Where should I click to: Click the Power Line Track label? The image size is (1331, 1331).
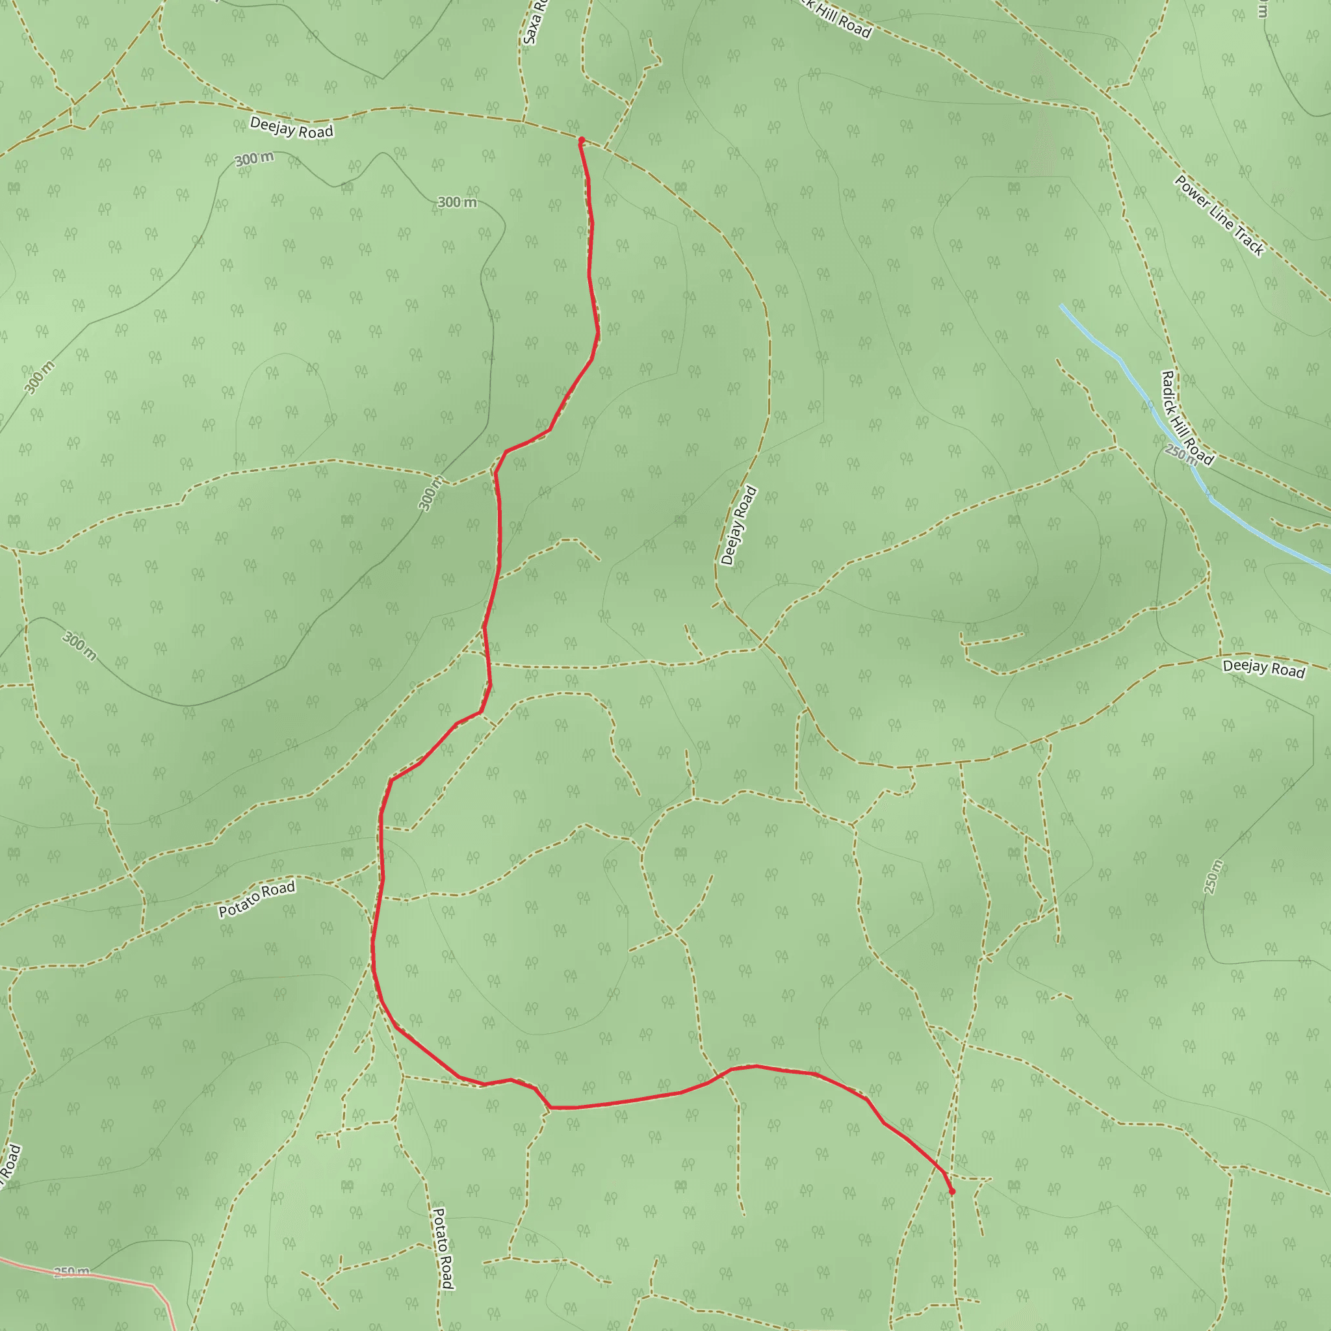pos(1219,216)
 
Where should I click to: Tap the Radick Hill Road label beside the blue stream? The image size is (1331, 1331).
pos(1186,417)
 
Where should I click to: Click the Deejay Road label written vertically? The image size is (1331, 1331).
pos(738,526)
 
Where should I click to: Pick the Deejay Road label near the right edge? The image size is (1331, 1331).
pos(1263,668)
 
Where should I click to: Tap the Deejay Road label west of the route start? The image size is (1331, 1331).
pos(291,127)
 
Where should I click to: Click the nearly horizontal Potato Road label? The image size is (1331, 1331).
pos(256,899)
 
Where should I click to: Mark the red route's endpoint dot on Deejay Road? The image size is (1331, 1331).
pos(582,140)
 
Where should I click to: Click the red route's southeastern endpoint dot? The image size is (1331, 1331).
pos(952,1191)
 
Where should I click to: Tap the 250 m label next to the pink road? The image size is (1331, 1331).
pos(71,1271)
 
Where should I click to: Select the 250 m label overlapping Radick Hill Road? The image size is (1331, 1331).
pos(1181,454)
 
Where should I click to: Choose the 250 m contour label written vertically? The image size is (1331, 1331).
pos(1213,876)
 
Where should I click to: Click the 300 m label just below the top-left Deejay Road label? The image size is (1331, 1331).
pos(254,159)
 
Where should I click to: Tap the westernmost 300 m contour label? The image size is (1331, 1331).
pos(39,378)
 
